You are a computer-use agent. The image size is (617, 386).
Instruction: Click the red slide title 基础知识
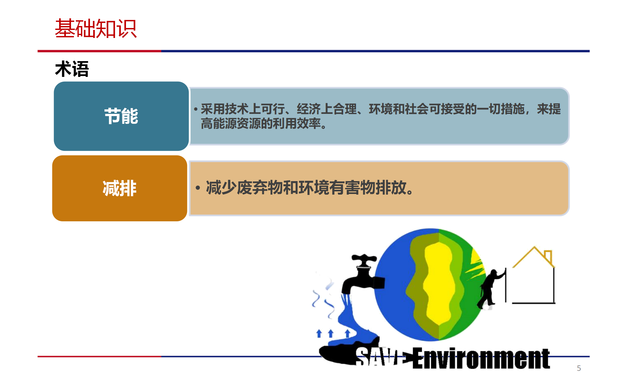pos(96,29)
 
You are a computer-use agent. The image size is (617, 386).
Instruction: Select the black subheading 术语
pos(72,69)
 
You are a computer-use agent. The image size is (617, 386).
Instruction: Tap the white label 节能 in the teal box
pos(121,116)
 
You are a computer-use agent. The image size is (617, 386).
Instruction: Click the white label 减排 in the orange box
pos(120,188)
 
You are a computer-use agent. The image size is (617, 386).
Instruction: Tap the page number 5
pos(579,368)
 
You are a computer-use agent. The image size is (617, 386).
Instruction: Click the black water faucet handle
pos(364,259)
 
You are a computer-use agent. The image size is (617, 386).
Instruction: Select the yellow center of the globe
pos(439,283)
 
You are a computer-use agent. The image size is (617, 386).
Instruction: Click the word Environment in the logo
pos(481,358)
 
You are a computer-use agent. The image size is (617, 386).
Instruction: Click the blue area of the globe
pos(394,289)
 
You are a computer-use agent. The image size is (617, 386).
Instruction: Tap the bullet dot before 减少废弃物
pos(198,188)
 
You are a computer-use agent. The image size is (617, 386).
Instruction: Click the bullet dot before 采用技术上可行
pos(195,109)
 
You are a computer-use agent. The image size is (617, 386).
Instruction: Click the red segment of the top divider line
pos(99,51)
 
